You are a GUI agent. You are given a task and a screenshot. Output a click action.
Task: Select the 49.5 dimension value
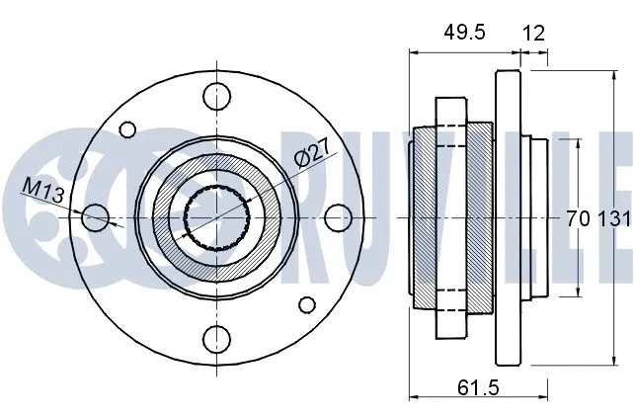(x=464, y=33)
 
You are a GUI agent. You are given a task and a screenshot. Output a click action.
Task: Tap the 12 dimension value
(x=533, y=33)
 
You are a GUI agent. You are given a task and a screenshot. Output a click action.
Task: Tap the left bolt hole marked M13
(x=94, y=216)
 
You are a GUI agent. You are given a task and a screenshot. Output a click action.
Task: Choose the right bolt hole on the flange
(x=337, y=216)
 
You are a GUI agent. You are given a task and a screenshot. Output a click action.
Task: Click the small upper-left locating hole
(x=127, y=129)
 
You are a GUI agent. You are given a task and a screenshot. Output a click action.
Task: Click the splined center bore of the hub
(x=215, y=216)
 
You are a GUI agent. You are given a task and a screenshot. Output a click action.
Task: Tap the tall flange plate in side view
(x=508, y=216)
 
